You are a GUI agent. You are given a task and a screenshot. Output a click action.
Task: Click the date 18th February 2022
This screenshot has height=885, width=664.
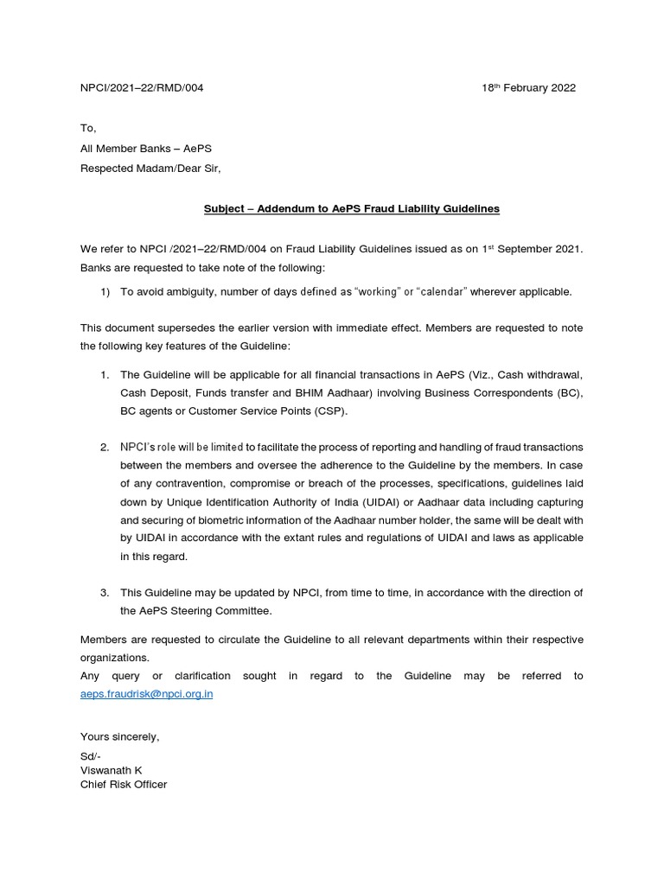pyautogui.click(x=528, y=88)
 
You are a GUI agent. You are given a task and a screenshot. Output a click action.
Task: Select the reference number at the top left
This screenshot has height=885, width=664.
pyautogui.click(x=142, y=88)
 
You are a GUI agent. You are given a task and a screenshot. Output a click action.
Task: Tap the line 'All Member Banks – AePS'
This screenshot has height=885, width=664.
pyautogui.click(x=146, y=148)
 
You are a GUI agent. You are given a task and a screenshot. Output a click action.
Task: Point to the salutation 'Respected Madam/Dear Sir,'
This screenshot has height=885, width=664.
pyautogui.click(x=150, y=169)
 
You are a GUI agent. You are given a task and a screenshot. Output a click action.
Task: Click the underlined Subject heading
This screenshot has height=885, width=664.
pyautogui.click(x=351, y=209)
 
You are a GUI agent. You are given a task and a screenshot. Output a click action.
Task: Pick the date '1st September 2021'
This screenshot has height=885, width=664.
pyautogui.click(x=530, y=250)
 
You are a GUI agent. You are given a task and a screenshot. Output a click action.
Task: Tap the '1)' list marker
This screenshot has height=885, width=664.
pyautogui.click(x=105, y=291)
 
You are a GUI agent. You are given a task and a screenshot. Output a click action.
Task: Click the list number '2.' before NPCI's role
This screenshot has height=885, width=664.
pyautogui.click(x=104, y=447)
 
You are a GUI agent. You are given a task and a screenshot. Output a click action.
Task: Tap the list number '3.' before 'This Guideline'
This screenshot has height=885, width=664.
pyautogui.click(x=104, y=593)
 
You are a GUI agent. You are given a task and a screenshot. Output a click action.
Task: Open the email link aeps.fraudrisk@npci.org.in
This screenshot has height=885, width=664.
pyautogui.click(x=146, y=694)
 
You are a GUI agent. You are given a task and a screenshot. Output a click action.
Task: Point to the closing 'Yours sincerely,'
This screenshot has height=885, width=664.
pyautogui.click(x=119, y=736)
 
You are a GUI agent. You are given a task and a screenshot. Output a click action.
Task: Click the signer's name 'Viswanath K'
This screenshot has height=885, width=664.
pyautogui.click(x=111, y=769)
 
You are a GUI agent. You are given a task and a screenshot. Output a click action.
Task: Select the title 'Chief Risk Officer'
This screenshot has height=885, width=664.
pyautogui.click(x=124, y=784)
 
